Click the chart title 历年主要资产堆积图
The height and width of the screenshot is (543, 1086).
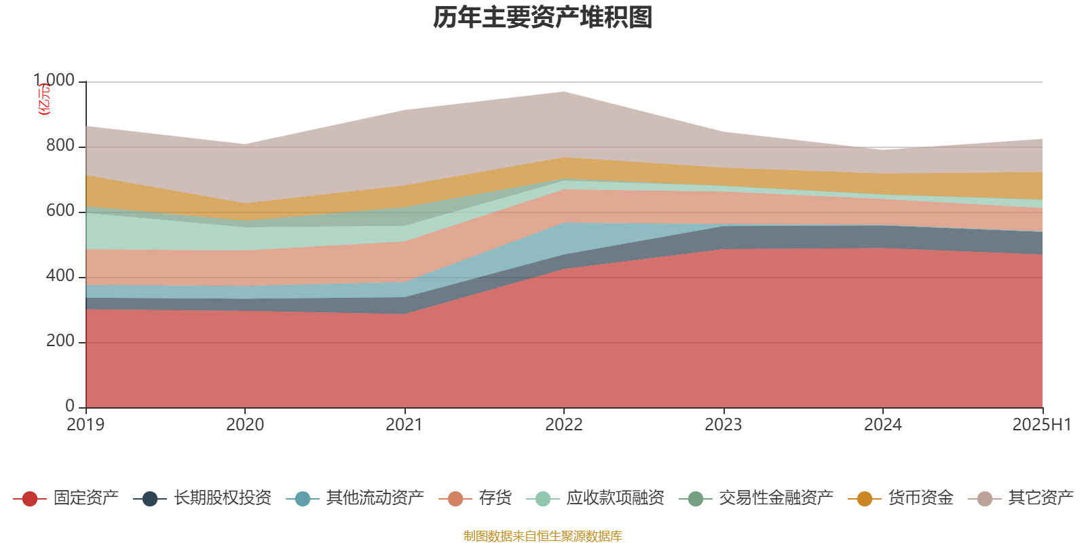(543, 18)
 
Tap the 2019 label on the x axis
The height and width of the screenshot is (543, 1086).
(86, 425)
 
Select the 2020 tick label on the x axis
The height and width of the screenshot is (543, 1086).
(245, 425)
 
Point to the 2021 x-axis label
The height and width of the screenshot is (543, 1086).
(405, 425)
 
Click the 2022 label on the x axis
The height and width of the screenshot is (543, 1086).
(564, 425)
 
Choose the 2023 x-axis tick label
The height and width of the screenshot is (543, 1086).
(724, 425)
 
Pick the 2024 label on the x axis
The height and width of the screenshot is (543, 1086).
(883, 425)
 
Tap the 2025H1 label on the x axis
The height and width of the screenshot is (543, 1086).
(1041, 425)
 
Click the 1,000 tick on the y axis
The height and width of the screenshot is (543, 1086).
(54, 81)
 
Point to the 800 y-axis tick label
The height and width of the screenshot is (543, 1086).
(60, 146)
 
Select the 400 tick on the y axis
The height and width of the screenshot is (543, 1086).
(60, 276)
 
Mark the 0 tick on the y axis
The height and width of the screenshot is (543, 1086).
(70, 406)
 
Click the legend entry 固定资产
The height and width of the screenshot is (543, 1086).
(86, 498)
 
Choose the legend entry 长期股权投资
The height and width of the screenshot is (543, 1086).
(222, 498)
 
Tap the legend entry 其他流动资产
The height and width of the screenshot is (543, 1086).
(375, 498)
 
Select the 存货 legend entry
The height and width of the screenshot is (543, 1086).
(495, 498)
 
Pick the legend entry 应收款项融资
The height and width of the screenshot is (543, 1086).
(615, 498)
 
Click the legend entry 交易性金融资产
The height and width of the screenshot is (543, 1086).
(776, 498)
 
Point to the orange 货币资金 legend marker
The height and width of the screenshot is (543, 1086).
(865, 499)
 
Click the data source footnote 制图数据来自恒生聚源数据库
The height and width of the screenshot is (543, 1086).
(543, 536)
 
